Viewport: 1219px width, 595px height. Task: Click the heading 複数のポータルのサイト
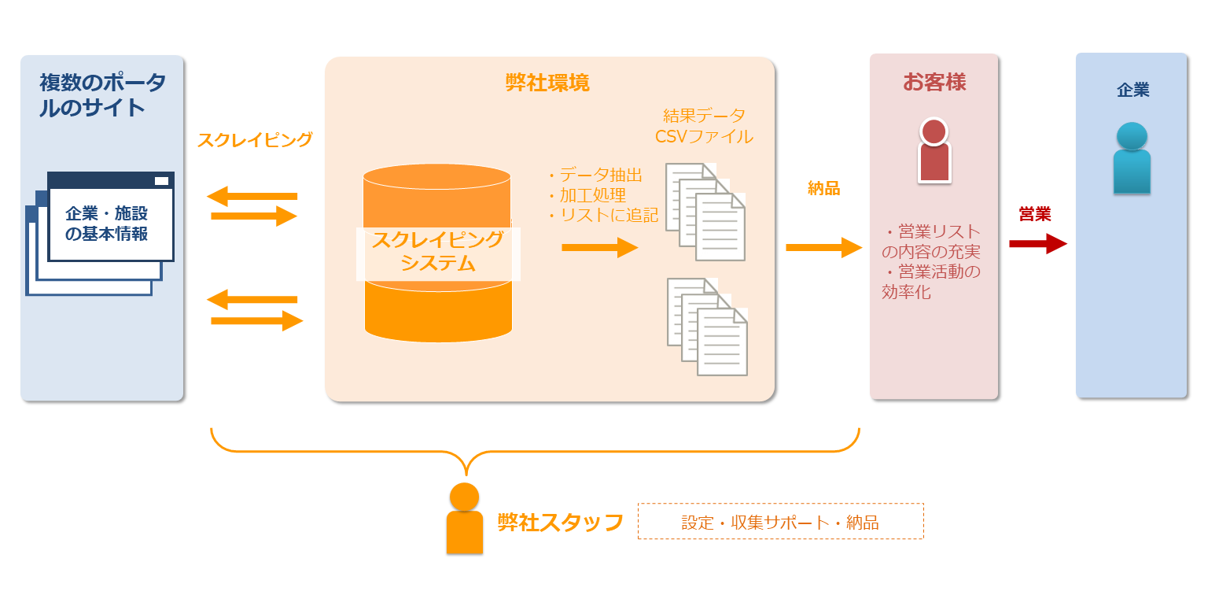point(102,94)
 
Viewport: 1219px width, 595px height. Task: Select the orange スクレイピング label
point(255,140)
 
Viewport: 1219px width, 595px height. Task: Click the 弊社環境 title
point(547,83)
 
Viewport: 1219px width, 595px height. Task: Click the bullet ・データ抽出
point(595,175)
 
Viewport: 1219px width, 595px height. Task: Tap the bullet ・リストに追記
point(602,215)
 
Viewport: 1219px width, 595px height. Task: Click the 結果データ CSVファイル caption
point(704,126)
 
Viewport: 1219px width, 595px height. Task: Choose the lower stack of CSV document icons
point(707,326)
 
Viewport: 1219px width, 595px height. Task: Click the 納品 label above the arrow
point(823,188)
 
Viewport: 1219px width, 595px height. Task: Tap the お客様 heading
point(934,82)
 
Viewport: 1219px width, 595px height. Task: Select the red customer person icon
point(934,151)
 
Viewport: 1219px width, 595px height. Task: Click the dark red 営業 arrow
point(1037,244)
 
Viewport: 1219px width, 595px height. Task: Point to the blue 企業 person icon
point(1132,158)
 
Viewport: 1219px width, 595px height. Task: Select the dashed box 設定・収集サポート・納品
point(780,522)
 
